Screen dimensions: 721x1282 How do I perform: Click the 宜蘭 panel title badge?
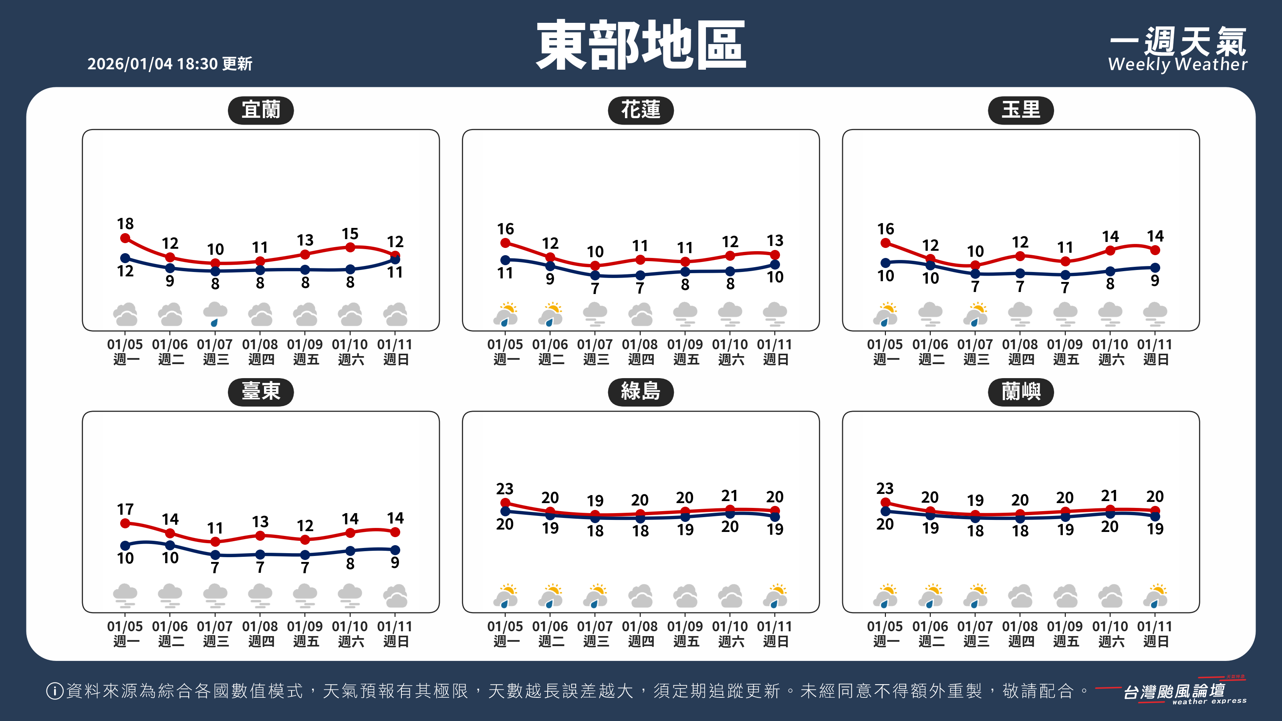coord(261,110)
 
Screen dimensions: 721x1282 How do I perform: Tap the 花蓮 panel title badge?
coord(641,110)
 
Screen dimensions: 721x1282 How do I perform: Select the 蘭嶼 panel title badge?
coord(1021,392)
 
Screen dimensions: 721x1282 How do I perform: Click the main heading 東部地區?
coord(641,45)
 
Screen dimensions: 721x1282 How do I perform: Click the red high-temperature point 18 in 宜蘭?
coord(125,238)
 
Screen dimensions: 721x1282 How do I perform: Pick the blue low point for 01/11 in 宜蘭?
coord(395,259)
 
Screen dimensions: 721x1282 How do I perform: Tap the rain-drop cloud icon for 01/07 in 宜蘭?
coord(215,314)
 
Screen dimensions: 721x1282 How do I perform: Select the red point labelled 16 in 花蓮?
coord(505,243)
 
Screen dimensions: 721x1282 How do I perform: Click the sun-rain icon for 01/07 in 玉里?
coord(976,314)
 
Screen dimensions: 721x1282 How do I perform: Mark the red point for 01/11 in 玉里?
coord(1155,250)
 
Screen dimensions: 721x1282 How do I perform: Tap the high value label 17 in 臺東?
coord(125,509)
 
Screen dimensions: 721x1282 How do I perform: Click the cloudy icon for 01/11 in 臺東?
coord(395,596)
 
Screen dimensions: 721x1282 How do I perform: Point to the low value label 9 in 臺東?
coord(395,562)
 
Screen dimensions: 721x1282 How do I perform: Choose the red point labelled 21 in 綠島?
coord(730,510)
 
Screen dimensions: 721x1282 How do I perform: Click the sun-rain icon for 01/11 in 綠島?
coord(775,596)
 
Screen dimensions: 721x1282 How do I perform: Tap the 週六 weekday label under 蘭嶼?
coord(1111,641)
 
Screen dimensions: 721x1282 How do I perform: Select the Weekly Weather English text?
coord(1177,64)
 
